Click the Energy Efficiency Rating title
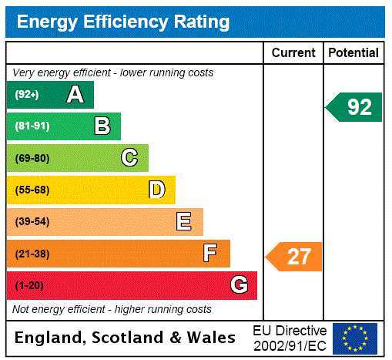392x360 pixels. tap(123, 22)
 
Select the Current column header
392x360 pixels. tap(293, 53)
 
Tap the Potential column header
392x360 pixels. tap(353, 53)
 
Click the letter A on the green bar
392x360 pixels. tap(75, 95)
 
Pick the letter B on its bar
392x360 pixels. tap(102, 126)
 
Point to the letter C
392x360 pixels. tap(129, 158)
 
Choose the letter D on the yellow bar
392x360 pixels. tap(156, 190)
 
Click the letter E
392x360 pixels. tap(184, 222)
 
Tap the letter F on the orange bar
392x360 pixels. tap(210, 254)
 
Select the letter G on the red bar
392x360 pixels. tap(239, 285)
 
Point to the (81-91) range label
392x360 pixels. tap(32, 126)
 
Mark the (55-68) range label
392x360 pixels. tap(32, 190)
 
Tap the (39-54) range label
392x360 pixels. tap(32, 222)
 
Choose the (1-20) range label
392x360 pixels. tap(29, 285)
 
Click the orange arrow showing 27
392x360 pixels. tap(294, 257)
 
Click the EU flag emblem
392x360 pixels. tap(355, 338)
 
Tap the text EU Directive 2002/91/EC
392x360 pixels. tap(290, 338)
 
